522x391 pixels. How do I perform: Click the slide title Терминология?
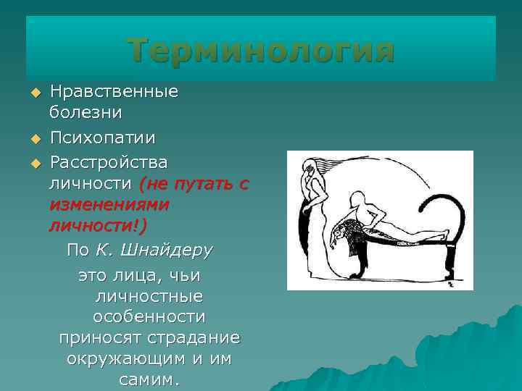[261, 51]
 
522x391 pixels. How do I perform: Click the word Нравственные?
[114, 92]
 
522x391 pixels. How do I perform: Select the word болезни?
[86, 114]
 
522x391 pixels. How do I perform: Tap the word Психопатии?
[102, 137]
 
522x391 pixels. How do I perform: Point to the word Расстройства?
[108, 159]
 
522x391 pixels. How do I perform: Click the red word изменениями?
[109, 204]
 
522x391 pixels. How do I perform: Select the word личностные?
[149, 297]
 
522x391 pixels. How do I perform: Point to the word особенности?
[149, 317]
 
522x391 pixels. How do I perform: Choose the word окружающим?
[120, 359]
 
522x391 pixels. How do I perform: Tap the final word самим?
[149, 380]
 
